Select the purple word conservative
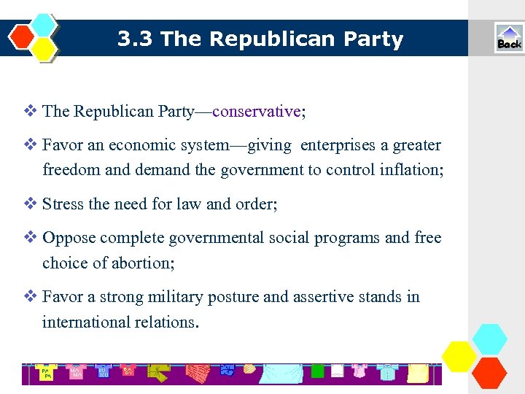257,112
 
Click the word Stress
63,204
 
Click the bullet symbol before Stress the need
31,204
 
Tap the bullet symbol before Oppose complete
31,238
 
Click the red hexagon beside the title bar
23,36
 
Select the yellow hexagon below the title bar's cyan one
44,49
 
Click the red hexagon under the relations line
489,373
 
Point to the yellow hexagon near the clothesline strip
459,356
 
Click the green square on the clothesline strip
317,371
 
